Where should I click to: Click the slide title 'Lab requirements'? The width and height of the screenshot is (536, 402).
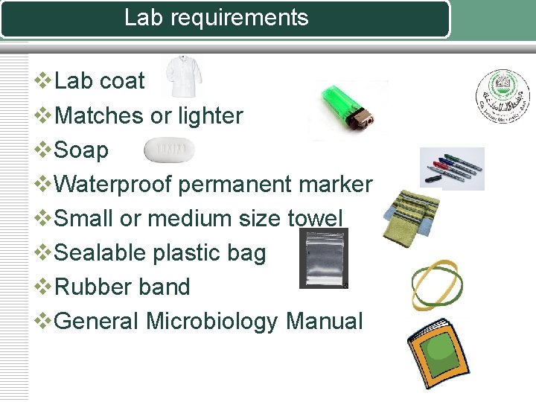click(216, 18)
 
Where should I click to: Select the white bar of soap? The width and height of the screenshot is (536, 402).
click(169, 150)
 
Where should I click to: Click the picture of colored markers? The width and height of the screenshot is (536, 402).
click(452, 167)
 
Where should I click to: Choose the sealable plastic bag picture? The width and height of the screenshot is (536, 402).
click(323, 258)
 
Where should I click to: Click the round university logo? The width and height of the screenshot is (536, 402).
click(500, 98)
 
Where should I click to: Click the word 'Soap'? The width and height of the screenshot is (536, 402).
click(82, 150)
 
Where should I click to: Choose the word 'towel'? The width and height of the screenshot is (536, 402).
click(315, 219)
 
